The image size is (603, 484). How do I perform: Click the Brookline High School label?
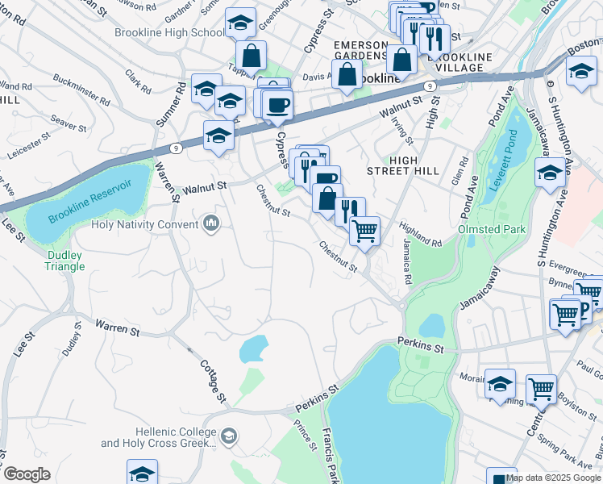[x=169, y=33]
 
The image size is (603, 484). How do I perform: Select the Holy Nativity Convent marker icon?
[x=211, y=222]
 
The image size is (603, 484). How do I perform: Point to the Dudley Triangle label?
[x=64, y=261]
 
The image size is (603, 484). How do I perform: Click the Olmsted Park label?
[x=492, y=230]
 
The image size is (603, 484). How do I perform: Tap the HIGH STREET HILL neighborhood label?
[x=402, y=165]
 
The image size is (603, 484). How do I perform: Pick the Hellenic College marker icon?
[x=229, y=436]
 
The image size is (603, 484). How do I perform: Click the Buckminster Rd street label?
[x=81, y=89]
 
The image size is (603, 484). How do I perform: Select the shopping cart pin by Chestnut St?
[x=365, y=232]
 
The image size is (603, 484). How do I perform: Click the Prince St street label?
[x=305, y=434]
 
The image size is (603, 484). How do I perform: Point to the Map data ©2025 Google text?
[x=553, y=478]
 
